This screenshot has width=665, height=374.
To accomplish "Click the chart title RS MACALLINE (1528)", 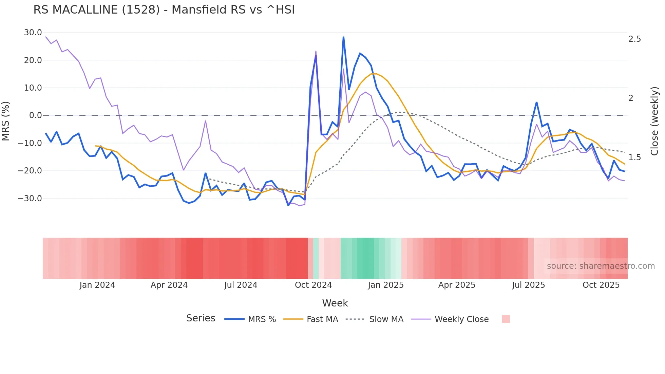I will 164,10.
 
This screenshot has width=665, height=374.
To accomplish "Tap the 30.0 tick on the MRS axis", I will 33,33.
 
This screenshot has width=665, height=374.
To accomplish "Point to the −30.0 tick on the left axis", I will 30,198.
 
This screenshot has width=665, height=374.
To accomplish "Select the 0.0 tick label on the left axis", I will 35,115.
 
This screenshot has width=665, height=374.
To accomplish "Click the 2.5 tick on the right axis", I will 634,39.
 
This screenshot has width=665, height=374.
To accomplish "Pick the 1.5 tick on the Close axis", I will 634,157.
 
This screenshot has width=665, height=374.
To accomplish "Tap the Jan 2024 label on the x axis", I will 97,285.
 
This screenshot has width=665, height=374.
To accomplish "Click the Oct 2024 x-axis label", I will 313,285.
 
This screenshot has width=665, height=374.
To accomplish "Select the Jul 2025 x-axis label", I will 528,285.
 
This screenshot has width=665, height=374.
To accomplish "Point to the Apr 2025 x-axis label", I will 457,285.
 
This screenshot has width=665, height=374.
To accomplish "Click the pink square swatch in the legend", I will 506,319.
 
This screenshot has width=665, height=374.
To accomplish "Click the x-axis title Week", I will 335,303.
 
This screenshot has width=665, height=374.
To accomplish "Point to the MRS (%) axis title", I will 6,121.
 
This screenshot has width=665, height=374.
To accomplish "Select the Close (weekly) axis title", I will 654,121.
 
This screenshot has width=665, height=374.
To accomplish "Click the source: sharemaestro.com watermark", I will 601,266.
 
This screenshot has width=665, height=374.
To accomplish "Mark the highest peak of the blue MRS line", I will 343,37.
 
